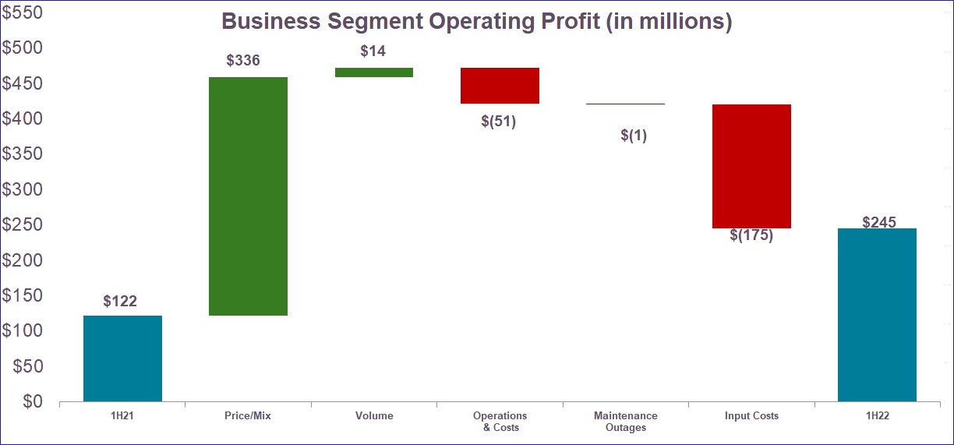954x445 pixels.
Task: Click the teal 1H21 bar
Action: pyautogui.click(x=122, y=358)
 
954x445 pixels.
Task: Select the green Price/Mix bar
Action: pyautogui.click(x=249, y=196)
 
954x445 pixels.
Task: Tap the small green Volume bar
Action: pyautogui.click(x=374, y=72)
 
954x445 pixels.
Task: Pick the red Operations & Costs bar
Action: pyautogui.click(x=500, y=86)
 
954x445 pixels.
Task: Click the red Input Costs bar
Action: pyautogui.click(x=751, y=166)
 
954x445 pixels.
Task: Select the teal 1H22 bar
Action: pyautogui.click(x=877, y=315)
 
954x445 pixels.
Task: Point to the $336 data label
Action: pyautogui.click(x=242, y=61)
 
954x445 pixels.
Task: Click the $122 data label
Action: pyautogui.click(x=120, y=301)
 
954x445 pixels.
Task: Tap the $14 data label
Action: pyautogui.click(x=373, y=51)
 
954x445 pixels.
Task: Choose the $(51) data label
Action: pyautogui.click(x=499, y=122)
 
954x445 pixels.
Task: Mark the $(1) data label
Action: pyautogui.click(x=634, y=135)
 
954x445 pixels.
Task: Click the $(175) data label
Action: pyautogui.click(x=751, y=235)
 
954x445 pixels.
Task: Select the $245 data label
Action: pyautogui.click(x=879, y=222)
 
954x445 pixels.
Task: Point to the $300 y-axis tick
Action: pyautogui.click(x=22, y=189)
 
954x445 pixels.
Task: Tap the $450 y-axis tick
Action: pyautogui.click(x=22, y=83)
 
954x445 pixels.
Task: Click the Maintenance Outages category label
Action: pyautogui.click(x=625, y=422)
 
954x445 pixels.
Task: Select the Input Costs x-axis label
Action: pyautogui.click(x=751, y=416)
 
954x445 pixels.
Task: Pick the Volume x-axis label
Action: pyautogui.click(x=374, y=416)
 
